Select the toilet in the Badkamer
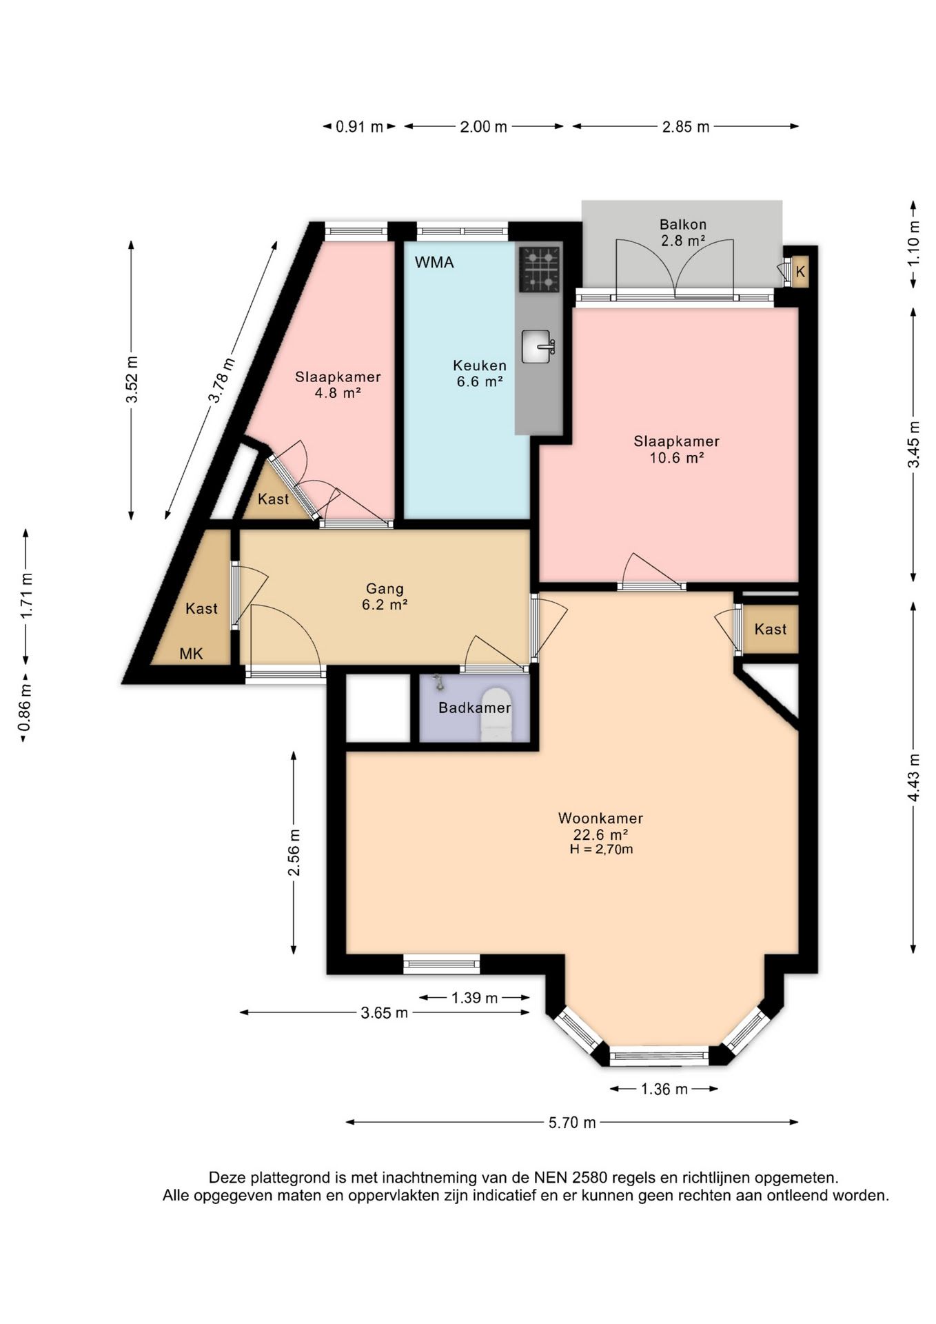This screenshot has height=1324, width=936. (496, 714)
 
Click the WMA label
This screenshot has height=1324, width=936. (434, 262)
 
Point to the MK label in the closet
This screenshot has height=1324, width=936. (191, 654)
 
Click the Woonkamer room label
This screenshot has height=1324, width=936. (600, 819)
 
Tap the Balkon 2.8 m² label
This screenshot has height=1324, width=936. (682, 232)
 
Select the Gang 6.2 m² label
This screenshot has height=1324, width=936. (385, 596)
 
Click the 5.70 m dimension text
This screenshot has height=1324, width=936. (572, 1123)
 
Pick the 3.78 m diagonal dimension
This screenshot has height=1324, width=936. (221, 380)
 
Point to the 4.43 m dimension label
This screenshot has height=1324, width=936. (913, 777)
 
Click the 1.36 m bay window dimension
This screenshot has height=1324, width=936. (664, 1089)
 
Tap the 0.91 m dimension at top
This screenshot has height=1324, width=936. (359, 126)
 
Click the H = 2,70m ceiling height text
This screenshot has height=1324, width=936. (601, 850)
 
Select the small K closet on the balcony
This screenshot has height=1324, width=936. (800, 272)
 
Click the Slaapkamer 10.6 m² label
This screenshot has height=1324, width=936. (677, 449)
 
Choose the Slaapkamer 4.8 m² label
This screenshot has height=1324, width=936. (338, 385)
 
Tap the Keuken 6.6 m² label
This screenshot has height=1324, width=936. (480, 373)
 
